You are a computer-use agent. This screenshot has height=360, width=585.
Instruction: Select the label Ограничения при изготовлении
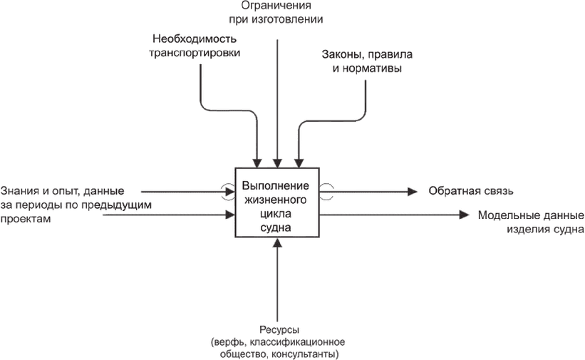click(x=278, y=12)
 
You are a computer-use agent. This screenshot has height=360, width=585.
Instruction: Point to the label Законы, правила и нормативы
click(x=367, y=62)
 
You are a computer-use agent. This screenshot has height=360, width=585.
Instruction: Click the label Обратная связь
click(x=470, y=191)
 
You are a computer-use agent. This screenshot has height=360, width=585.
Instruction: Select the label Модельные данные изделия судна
click(x=531, y=222)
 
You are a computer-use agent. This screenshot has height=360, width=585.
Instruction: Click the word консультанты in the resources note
click(x=308, y=354)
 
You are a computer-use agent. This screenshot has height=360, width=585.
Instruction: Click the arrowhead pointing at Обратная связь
click(x=412, y=191)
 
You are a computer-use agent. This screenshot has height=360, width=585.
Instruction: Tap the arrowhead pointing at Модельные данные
click(x=465, y=214)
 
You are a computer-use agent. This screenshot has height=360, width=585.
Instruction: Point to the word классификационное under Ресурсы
click(x=299, y=341)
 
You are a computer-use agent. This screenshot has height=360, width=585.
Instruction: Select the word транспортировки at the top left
click(x=194, y=52)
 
